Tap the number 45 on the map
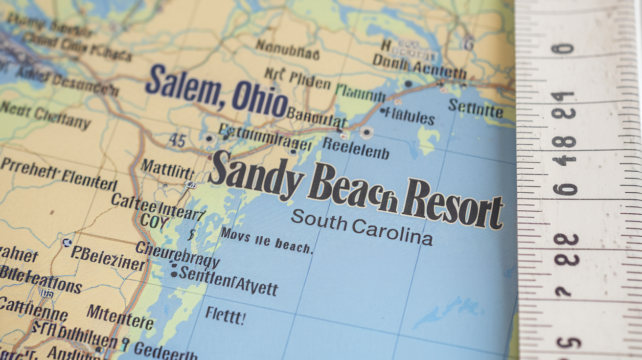tap(177, 141)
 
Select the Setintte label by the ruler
tap(476, 109)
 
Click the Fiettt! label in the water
tap(225, 315)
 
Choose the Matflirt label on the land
tap(167, 169)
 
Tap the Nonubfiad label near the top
tap(287, 49)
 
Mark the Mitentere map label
tap(120, 316)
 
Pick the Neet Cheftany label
tap(45, 115)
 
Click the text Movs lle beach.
tap(266, 240)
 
